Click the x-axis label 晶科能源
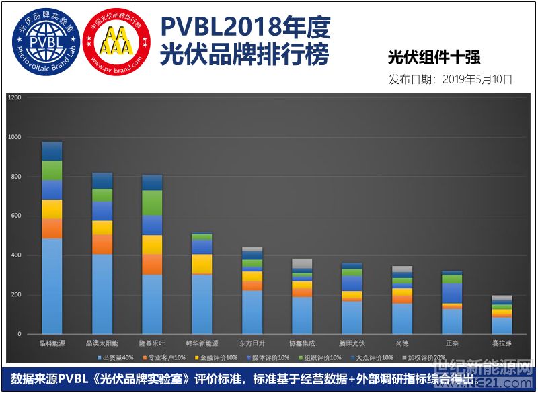point(52,344)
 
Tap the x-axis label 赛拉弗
point(502,344)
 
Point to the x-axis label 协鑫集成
point(302,344)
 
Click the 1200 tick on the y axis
point(15,98)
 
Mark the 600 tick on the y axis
point(17,216)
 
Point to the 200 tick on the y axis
point(17,295)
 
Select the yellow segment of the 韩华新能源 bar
point(202,264)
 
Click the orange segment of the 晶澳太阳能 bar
point(102,245)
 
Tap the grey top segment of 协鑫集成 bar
point(302,263)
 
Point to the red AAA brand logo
point(116,42)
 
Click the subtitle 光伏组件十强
point(434,57)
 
